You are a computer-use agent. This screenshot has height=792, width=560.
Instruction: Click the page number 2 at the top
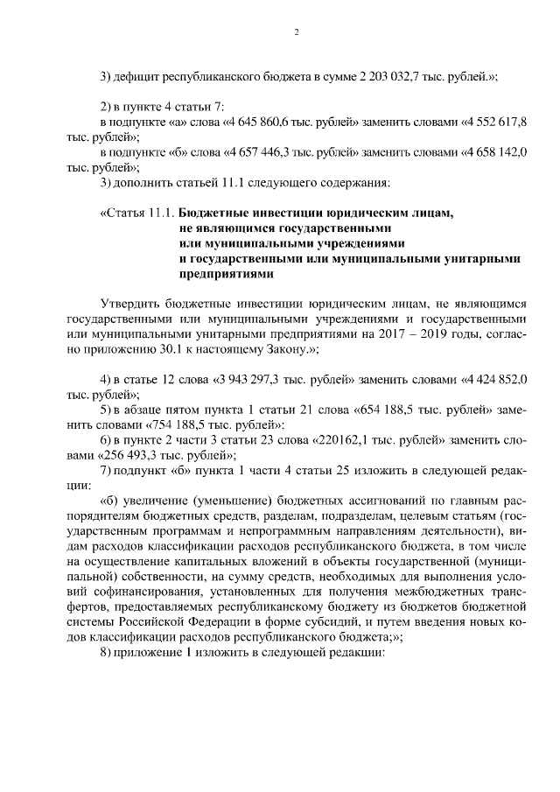click(297, 32)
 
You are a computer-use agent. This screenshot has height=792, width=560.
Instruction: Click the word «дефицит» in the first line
click(136, 76)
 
